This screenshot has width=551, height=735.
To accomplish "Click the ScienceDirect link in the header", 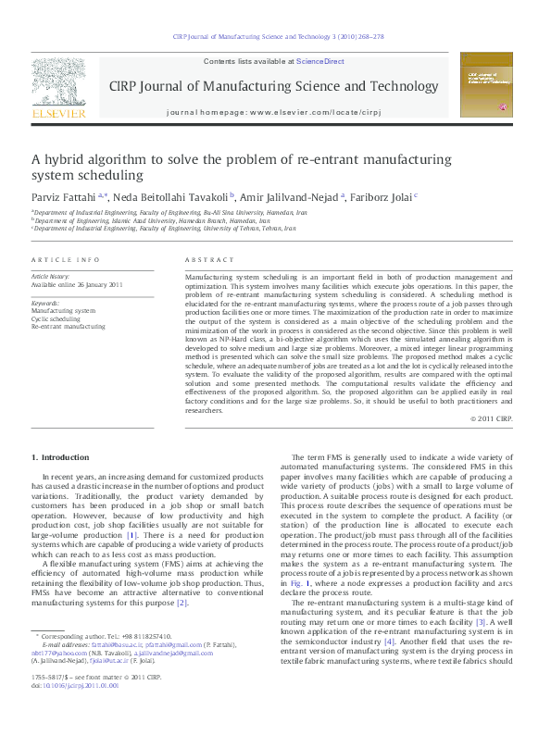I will click(x=319, y=61).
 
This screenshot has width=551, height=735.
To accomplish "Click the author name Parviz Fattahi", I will click(x=63, y=196).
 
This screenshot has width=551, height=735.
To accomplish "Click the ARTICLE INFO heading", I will click(x=66, y=261).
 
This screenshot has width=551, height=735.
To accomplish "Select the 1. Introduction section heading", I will click(x=61, y=457).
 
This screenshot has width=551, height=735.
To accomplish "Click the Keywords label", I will click(x=45, y=303).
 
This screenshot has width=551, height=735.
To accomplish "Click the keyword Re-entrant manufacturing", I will click(x=69, y=326).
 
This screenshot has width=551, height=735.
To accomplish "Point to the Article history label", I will click(x=50, y=277).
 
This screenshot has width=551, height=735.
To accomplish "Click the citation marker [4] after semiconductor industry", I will click(x=390, y=640).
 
